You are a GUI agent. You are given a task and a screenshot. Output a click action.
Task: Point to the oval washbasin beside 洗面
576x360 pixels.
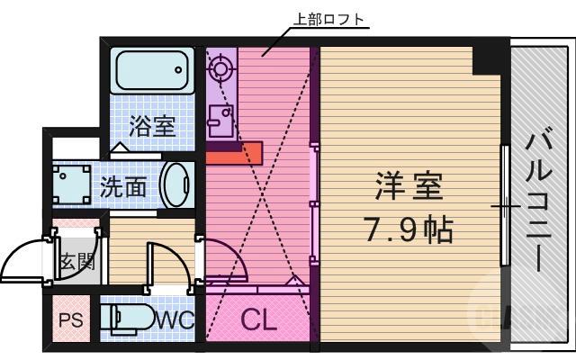click(x=177, y=184)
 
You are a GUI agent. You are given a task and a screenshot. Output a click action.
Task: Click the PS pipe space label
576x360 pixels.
click(x=70, y=320)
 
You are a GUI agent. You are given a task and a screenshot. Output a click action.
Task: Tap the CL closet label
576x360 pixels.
click(x=257, y=320)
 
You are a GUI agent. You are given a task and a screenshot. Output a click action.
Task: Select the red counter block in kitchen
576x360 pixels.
click(x=233, y=154)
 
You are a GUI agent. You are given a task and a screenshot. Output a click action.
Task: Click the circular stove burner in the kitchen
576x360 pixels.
click(x=220, y=67)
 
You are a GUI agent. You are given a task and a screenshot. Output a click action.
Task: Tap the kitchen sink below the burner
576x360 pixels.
click(x=220, y=117)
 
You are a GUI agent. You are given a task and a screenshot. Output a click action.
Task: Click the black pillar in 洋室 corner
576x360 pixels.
click(x=489, y=58)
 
